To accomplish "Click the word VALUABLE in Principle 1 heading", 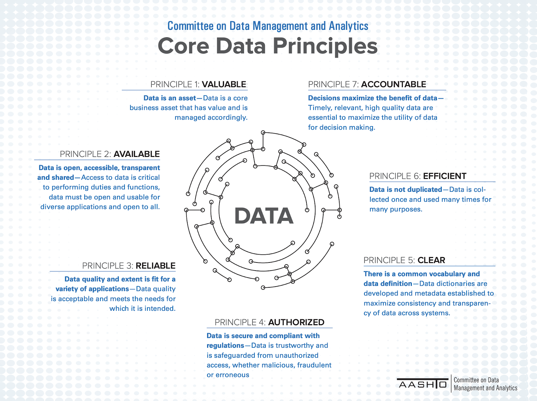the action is (x=224, y=84).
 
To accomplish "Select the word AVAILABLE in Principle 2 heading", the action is (x=137, y=154).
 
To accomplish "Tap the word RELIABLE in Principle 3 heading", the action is (x=156, y=266).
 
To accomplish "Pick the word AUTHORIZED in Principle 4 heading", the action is (x=296, y=322).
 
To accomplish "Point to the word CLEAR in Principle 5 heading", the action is (x=431, y=260).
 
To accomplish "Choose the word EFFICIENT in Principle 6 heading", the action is (x=445, y=176).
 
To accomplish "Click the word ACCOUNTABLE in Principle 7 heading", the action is (x=394, y=84).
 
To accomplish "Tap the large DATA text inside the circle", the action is (x=264, y=216).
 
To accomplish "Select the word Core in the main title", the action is (x=184, y=46).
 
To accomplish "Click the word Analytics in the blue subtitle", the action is (x=348, y=26).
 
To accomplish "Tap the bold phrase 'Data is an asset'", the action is (x=170, y=98).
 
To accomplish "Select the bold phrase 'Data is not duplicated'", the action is (x=406, y=190).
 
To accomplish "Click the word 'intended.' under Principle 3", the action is (x=142, y=309).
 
